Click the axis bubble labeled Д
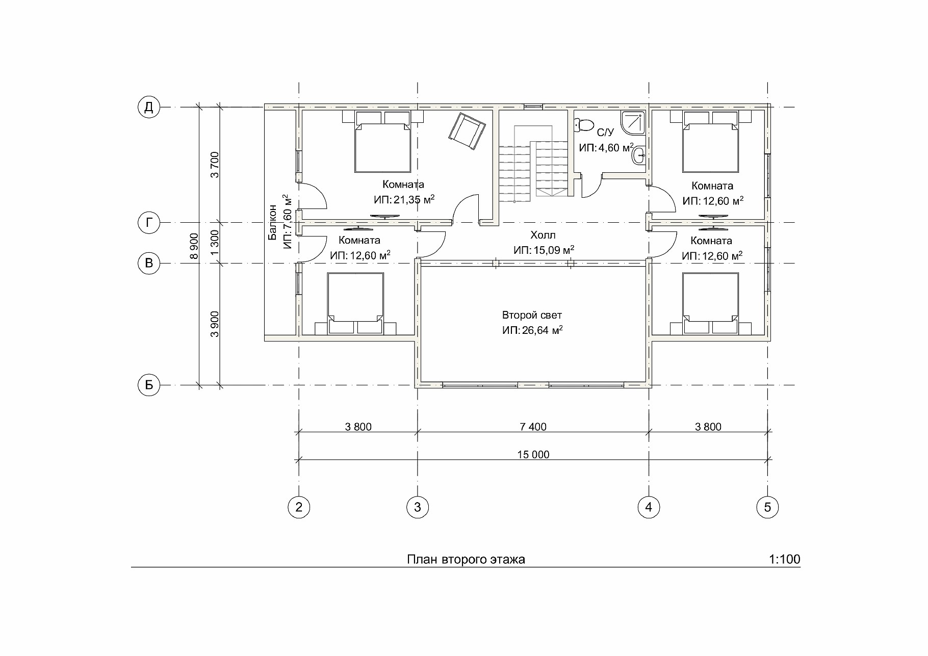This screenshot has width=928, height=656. pyautogui.click(x=149, y=108)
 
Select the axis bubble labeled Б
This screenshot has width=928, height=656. pyautogui.click(x=149, y=385)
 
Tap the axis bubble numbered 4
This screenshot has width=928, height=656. pyautogui.click(x=649, y=507)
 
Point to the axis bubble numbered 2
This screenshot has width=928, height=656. pyautogui.click(x=299, y=507)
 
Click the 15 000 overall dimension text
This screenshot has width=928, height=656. pyautogui.click(x=534, y=455)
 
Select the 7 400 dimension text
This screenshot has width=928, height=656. pyautogui.click(x=533, y=427)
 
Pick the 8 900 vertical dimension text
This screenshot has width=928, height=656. pyautogui.click(x=194, y=247)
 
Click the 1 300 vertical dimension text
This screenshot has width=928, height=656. pyautogui.click(x=215, y=243)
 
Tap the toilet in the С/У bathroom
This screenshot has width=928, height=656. pyautogui.click(x=584, y=124)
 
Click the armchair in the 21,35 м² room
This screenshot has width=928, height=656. pyautogui.click(x=466, y=132)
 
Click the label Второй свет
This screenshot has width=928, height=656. pyautogui.click(x=532, y=316)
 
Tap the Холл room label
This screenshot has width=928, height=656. pyautogui.click(x=543, y=235)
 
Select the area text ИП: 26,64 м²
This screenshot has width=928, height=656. pyautogui.click(x=532, y=330)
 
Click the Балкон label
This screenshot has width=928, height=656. pyautogui.click(x=272, y=222)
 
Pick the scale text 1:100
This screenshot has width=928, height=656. pyautogui.click(x=784, y=559)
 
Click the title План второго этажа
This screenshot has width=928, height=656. pyautogui.click(x=466, y=560)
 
